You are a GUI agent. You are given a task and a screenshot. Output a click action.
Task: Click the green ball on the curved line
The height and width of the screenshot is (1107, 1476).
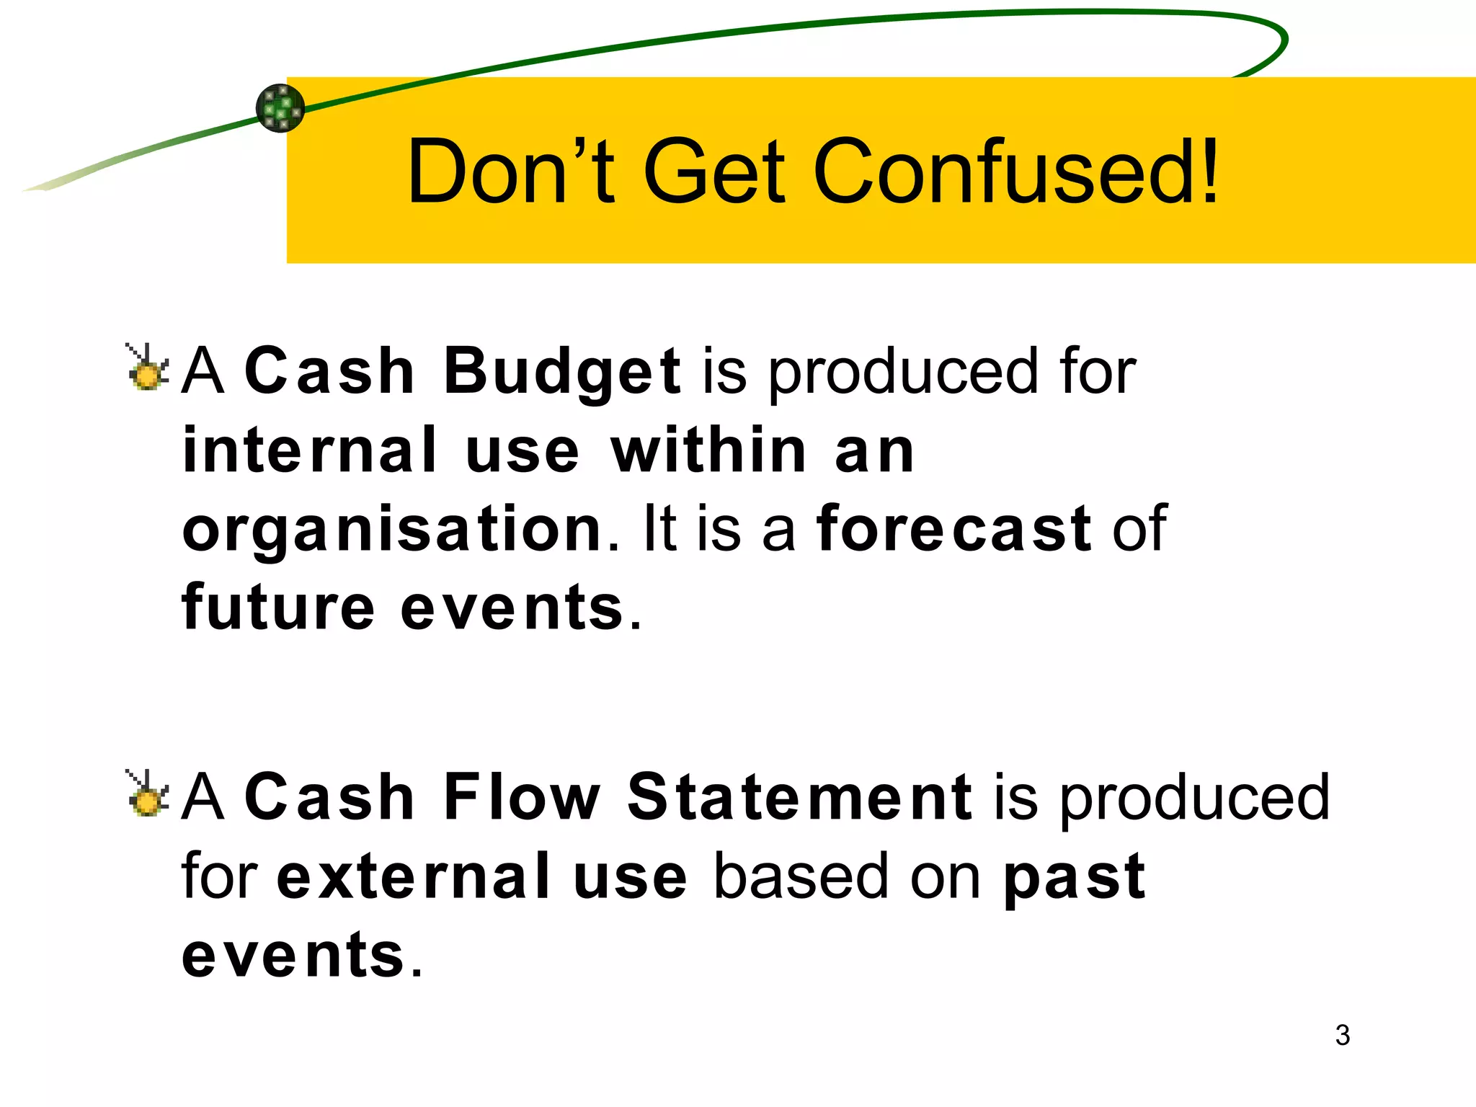(280, 108)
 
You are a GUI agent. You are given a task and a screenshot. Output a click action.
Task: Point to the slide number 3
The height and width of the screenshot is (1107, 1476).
(1342, 1035)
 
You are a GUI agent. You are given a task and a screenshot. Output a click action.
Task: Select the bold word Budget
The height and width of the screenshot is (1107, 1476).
(561, 372)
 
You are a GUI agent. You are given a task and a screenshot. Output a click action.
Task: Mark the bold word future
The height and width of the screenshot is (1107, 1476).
(278, 608)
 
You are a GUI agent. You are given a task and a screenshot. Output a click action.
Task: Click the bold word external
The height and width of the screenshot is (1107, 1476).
(414, 876)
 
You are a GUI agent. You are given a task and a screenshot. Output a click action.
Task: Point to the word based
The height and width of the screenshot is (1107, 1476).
(801, 876)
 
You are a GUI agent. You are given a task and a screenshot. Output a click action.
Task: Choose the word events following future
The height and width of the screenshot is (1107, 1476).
(512, 608)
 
